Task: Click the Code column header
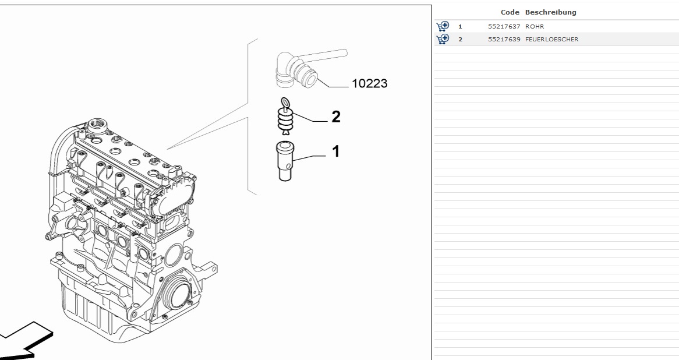tap(510, 12)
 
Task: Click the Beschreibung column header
tap(550, 12)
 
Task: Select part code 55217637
tap(504, 26)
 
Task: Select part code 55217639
tap(504, 39)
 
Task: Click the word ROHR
tap(535, 26)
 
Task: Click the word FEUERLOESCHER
tap(551, 39)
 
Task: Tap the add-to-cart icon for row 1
tap(443, 26)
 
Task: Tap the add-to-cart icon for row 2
tap(443, 39)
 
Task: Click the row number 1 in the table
tap(460, 26)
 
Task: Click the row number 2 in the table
tap(460, 39)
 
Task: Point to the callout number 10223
tap(369, 84)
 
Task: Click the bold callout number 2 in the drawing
tap(335, 117)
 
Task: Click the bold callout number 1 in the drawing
tap(335, 152)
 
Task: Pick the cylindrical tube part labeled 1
tap(285, 161)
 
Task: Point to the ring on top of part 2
tap(285, 103)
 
